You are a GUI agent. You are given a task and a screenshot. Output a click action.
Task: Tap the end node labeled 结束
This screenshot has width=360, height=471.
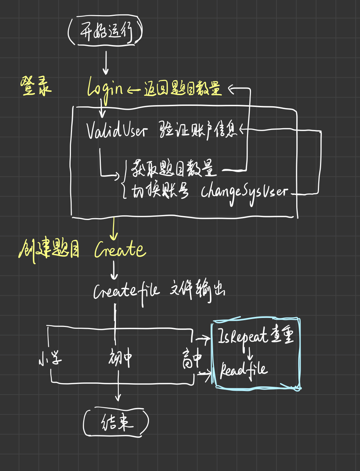(116, 422)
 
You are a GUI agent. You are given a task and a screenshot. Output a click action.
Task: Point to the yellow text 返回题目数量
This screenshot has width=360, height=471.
(183, 88)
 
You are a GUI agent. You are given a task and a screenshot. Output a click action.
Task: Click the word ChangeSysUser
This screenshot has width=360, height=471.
(245, 192)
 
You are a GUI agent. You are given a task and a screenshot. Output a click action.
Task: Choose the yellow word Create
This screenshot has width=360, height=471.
(120, 250)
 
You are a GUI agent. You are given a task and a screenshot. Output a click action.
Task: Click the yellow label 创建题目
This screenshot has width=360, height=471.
(49, 250)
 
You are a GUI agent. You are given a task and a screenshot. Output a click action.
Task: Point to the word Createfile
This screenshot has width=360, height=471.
(126, 291)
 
